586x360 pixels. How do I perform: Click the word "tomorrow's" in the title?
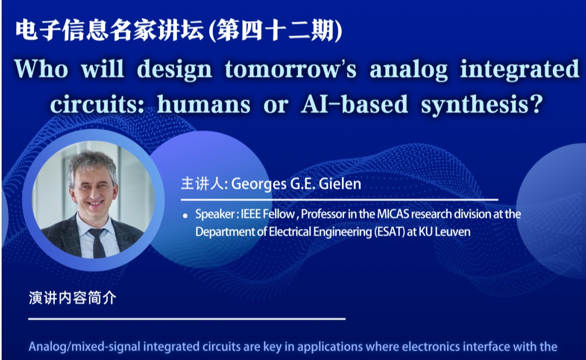pyautogui.click(x=290, y=69)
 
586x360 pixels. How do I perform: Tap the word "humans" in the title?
pyautogui.click(x=203, y=104)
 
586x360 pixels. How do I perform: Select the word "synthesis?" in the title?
pyautogui.click(x=482, y=105)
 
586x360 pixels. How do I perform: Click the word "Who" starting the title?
pyautogui.click(x=41, y=69)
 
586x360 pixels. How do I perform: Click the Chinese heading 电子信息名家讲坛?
pyautogui.click(x=110, y=30)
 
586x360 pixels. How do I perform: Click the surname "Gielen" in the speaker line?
pyautogui.click(x=341, y=184)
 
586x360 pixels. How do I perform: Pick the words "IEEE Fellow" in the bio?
pyautogui.click(x=267, y=214)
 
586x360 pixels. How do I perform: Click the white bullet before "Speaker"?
pyautogui.click(x=185, y=215)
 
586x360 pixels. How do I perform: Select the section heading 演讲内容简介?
pyautogui.click(x=73, y=298)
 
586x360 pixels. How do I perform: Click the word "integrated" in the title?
pyautogui.click(x=519, y=70)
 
